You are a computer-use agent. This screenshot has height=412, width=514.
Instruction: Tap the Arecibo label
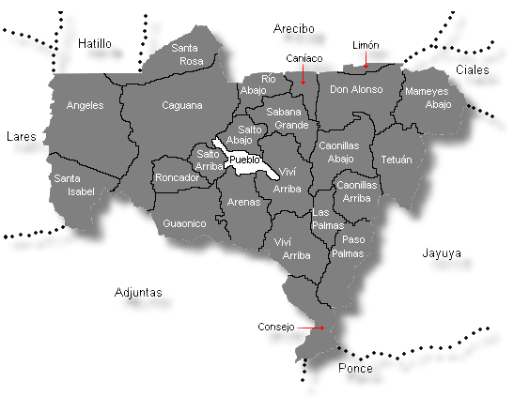pos(292,29)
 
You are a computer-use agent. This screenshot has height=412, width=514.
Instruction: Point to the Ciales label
pos(472,70)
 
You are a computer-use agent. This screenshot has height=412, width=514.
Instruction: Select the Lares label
pos(21,136)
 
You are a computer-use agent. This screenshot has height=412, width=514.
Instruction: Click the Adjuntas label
pos(138,292)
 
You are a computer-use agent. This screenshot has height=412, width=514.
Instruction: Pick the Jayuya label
pos(440,253)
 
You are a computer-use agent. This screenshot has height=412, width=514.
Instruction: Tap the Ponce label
pos(355,369)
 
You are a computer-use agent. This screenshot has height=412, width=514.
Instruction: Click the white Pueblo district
pos(244,160)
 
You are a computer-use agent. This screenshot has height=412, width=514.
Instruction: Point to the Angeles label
pos(86,106)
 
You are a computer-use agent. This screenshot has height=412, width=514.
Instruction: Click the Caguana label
pos(182,105)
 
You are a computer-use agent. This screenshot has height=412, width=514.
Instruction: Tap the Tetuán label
pos(397,160)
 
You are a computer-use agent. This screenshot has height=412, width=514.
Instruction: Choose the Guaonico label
pos(184,223)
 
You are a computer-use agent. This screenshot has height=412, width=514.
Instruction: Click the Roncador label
pos(178,177)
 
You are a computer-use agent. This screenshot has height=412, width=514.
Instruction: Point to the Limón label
pos(366,45)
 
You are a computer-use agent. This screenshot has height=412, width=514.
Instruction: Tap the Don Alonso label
pos(356,90)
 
